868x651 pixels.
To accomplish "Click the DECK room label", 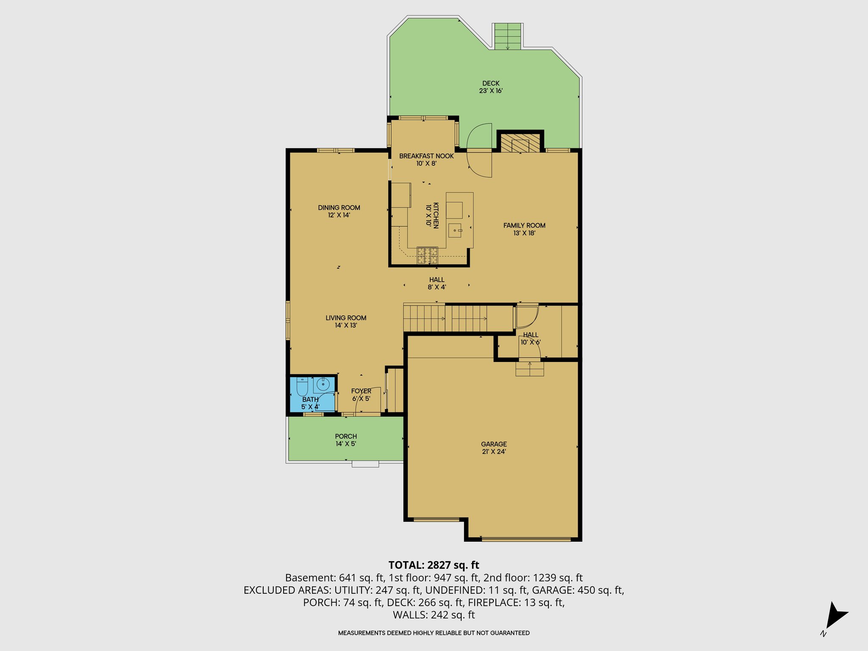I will [x=491, y=87].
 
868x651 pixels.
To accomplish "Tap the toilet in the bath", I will [x=302, y=387].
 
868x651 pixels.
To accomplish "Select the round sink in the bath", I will [x=323, y=385].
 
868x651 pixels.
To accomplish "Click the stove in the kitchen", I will [x=427, y=256].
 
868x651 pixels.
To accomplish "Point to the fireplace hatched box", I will [x=520, y=143].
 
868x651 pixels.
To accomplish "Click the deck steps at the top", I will [x=508, y=36].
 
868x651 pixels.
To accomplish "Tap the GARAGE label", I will [x=494, y=448].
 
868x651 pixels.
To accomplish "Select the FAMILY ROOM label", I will [x=524, y=229].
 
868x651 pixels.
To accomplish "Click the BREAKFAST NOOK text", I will [x=426, y=156].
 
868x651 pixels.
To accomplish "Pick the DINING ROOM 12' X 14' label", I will [x=339, y=211].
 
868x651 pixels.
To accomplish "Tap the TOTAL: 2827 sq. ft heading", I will [x=434, y=565].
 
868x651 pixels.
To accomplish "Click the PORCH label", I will [x=346, y=440].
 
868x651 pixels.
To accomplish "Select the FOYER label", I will [x=361, y=395].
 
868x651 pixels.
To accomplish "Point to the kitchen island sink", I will [x=455, y=231].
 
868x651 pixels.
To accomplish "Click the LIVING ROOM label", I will [x=346, y=321].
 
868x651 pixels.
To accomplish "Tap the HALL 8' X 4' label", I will [x=437, y=283].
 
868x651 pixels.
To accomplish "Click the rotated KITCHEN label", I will [x=432, y=215].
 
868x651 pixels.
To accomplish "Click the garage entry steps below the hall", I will [x=529, y=369].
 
